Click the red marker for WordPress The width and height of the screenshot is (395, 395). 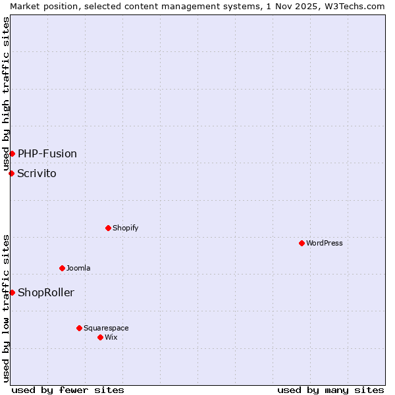[x=302, y=243]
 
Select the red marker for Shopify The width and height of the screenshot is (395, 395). [x=108, y=228]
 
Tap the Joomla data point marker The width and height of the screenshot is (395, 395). [x=62, y=268]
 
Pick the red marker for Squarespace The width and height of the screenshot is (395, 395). [x=79, y=328]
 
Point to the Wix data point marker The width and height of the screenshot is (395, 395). [x=100, y=337]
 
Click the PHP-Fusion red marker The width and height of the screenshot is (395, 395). [x=12, y=153]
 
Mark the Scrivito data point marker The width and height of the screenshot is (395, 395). [x=11, y=173]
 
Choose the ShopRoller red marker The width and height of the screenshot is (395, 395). [x=12, y=292]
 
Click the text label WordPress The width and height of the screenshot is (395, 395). [x=325, y=243]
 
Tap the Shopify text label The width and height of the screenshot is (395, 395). [x=125, y=228]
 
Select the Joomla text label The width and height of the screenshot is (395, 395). [x=78, y=268]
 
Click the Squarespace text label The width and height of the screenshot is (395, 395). [x=106, y=328]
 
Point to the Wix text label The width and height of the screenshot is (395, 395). [x=111, y=337]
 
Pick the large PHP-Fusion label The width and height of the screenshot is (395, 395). [x=47, y=153]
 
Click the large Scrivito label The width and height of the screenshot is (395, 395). [x=37, y=173]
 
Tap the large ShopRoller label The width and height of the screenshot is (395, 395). [x=46, y=292]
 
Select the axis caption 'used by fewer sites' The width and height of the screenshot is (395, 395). [x=68, y=390]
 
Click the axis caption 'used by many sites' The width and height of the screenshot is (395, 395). [x=330, y=390]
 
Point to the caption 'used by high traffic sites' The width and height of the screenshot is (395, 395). [x=6, y=93]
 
